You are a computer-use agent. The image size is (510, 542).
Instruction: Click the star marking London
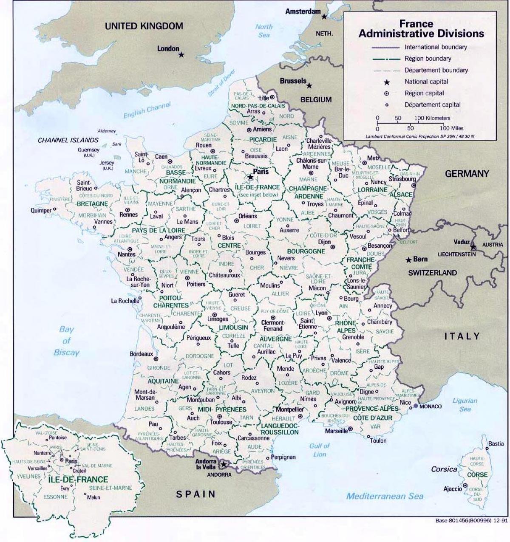(x=181, y=55)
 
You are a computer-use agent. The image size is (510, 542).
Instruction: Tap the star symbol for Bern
(x=408, y=260)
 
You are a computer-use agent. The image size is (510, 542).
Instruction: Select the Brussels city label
(x=293, y=81)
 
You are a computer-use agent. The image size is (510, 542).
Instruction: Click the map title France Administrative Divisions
(x=421, y=29)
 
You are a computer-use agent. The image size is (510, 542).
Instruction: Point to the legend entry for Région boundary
(x=428, y=59)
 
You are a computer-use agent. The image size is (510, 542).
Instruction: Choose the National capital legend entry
(x=426, y=82)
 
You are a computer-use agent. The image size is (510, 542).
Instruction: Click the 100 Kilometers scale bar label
(x=432, y=118)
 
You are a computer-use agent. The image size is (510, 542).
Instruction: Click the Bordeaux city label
(x=141, y=354)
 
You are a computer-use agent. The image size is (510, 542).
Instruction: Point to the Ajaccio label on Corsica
(x=452, y=489)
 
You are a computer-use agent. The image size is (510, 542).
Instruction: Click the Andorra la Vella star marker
(x=224, y=464)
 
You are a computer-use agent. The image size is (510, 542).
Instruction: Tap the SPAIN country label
(x=196, y=494)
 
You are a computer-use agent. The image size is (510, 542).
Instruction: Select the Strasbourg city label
(x=402, y=179)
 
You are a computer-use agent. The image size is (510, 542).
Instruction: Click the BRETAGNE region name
(x=92, y=204)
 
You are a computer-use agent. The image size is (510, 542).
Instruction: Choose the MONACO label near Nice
(x=431, y=406)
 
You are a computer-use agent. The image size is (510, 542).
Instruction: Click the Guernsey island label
(x=88, y=150)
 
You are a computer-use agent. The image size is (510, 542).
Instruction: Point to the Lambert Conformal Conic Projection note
(x=420, y=136)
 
